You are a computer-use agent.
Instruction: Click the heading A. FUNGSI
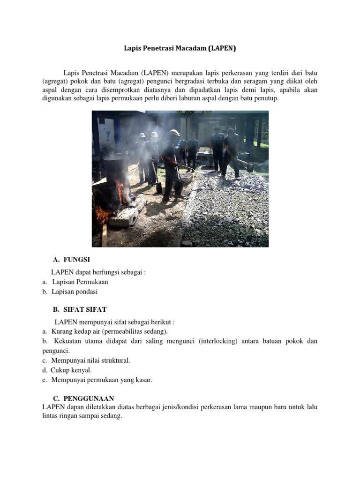click(x=71, y=259)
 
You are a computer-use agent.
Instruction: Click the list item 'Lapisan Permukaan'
click(x=80, y=282)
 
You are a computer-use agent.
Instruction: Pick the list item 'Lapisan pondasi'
click(x=75, y=292)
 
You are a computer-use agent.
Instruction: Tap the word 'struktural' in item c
click(x=113, y=360)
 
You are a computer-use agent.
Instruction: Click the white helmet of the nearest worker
click(x=174, y=133)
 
